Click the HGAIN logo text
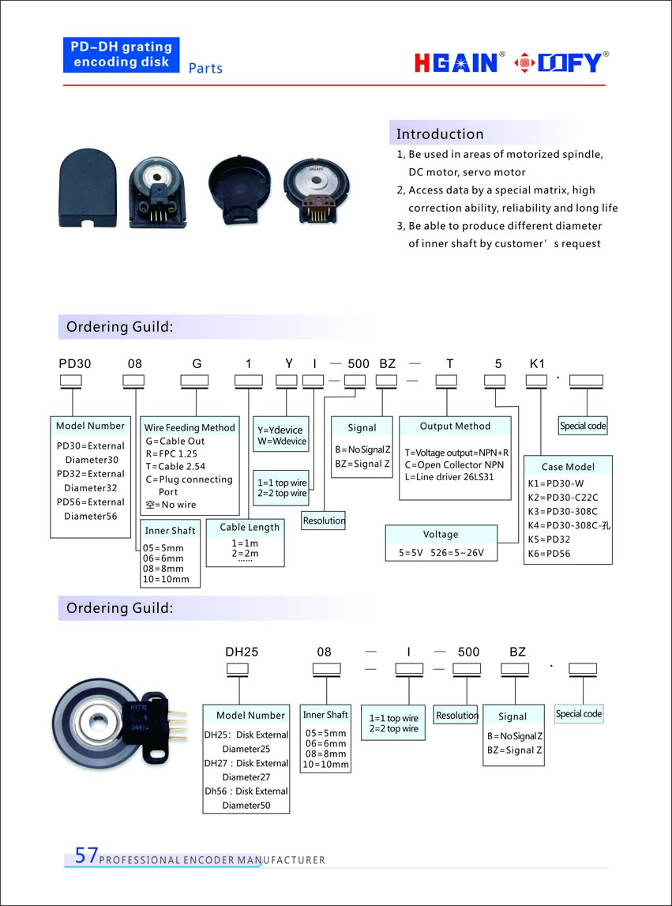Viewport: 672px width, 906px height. pyautogui.click(x=456, y=62)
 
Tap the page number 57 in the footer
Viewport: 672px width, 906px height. pyautogui.click(x=86, y=855)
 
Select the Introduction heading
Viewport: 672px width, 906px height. pyautogui.click(x=440, y=133)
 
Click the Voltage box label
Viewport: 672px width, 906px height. pyautogui.click(x=441, y=534)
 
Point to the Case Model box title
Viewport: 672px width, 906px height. pyautogui.click(x=569, y=466)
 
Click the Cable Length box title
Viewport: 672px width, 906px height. pyautogui.click(x=250, y=527)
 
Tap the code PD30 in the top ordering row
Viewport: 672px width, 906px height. pyautogui.click(x=75, y=364)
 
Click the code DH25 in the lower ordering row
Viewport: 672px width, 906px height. pyautogui.click(x=242, y=652)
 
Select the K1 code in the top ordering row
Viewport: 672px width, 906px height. pyautogui.click(x=537, y=364)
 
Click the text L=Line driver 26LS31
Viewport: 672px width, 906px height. pyautogui.click(x=449, y=477)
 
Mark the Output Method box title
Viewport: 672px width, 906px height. pyautogui.click(x=455, y=426)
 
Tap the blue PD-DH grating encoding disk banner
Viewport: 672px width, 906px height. pyautogui.click(x=122, y=55)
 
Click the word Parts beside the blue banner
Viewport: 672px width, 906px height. pyautogui.click(x=205, y=69)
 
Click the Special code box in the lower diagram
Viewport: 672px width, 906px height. pyautogui.click(x=579, y=713)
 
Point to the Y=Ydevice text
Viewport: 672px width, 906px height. pyautogui.click(x=280, y=430)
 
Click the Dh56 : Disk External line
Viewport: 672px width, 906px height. pyautogui.click(x=246, y=791)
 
